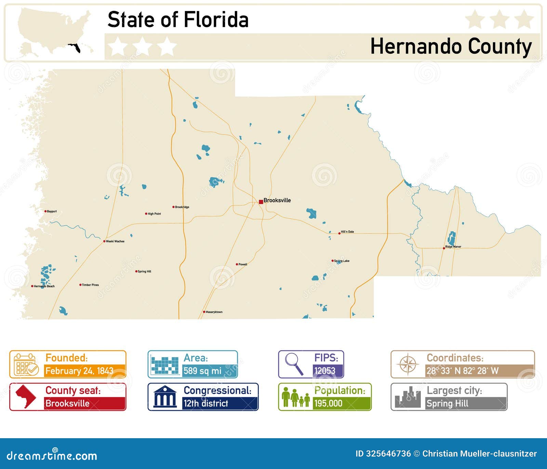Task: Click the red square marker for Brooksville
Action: coord(261,202)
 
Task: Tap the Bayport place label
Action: coord(52,211)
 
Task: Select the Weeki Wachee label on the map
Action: coord(115,241)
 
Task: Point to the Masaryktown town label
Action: coord(214,312)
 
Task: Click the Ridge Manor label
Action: coord(453,246)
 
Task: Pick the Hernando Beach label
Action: coord(44,286)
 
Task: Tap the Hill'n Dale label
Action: coord(347,232)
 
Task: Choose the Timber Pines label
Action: coord(90,285)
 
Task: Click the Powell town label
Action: coord(243,264)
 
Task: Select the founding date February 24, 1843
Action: coord(79,371)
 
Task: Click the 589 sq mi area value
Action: coord(202,371)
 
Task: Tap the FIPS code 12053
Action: coord(325,371)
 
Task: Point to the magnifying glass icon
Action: coord(294,364)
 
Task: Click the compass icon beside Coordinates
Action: coord(408,364)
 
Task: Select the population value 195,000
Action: coord(328,403)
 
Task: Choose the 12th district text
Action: coord(206,403)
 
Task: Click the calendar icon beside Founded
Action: coord(26,365)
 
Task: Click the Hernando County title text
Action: coord(451,47)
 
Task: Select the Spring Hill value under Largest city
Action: coord(447,404)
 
